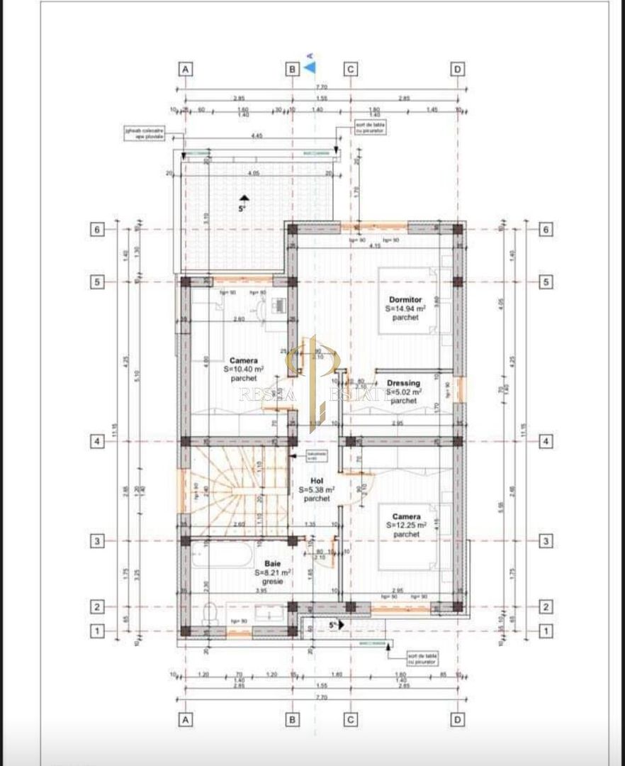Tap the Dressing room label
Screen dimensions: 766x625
tap(403, 384)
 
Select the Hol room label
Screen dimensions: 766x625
tap(316, 480)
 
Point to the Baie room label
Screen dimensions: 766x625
tap(273, 562)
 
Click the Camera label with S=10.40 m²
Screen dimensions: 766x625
tap(243, 360)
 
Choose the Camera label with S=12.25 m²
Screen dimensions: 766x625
tap(406, 516)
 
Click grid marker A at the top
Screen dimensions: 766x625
tap(185, 69)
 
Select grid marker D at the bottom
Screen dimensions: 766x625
tap(458, 719)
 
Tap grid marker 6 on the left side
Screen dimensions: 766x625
tap(98, 230)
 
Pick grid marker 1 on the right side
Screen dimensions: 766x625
tap(546, 630)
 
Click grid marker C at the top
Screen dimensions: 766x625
tap(350, 69)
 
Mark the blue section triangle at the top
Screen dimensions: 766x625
tap(310, 67)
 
